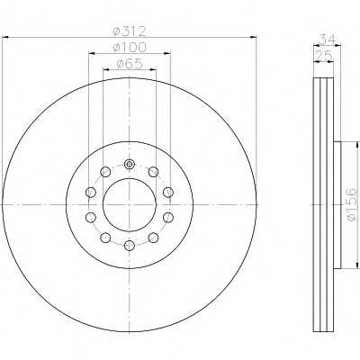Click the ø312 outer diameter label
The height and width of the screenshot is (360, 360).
coord(130,31)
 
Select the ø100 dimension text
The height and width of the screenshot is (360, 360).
coord(130,47)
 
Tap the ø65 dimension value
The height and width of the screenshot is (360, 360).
coord(130,64)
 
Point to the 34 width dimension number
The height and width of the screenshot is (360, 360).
coord(328,39)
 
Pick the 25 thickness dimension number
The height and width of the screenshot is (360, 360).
coord(323,55)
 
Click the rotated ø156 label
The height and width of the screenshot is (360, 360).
coord(352,205)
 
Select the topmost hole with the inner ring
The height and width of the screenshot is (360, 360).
coord(130,164)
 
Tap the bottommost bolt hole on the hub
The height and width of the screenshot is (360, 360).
coord(130,245)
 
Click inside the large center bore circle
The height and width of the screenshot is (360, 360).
coord(130,205)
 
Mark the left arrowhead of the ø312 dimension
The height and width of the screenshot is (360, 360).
coord(5,37)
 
